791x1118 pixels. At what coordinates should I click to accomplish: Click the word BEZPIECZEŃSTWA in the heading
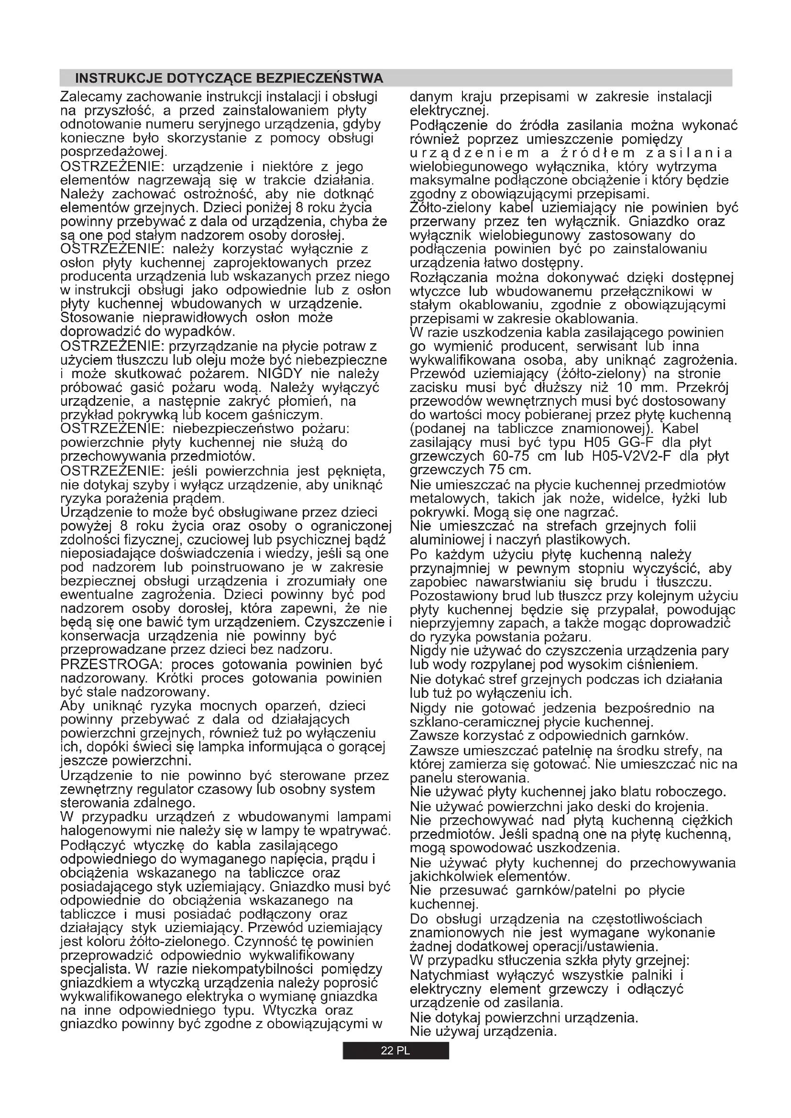coord(319,78)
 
